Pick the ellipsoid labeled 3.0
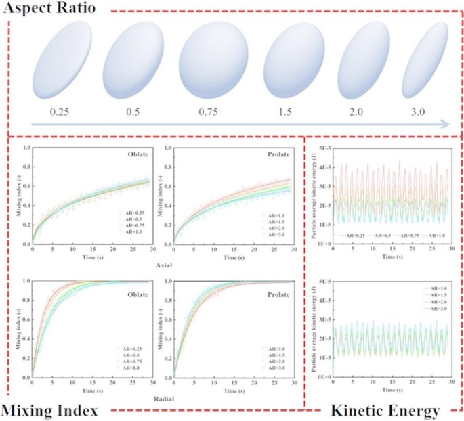[x=425, y=68]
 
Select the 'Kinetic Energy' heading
[x=386, y=409]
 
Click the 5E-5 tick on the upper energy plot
[x=323, y=147]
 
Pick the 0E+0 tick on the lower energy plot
[x=323, y=380]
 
